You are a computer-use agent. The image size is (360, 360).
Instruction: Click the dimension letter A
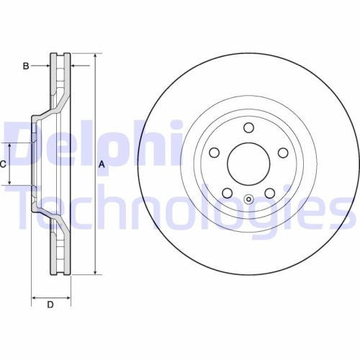click(102, 164)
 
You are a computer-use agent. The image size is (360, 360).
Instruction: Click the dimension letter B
click(26, 66)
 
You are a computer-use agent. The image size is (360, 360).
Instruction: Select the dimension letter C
click(3, 164)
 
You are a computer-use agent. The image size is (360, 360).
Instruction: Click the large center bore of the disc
click(248, 163)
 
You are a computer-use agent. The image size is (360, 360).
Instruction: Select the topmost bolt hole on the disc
click(248, 128)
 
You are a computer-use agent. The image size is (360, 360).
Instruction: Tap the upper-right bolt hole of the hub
click(282, 153)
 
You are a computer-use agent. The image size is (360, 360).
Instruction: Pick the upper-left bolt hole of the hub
click(214, 153)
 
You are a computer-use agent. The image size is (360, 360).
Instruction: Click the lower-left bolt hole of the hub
click(227, 193)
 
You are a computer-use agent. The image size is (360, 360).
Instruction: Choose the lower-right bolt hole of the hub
click(269, 193)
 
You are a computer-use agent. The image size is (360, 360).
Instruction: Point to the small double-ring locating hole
click(248, 201)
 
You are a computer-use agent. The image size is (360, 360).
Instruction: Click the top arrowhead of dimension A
click(95, 55)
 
